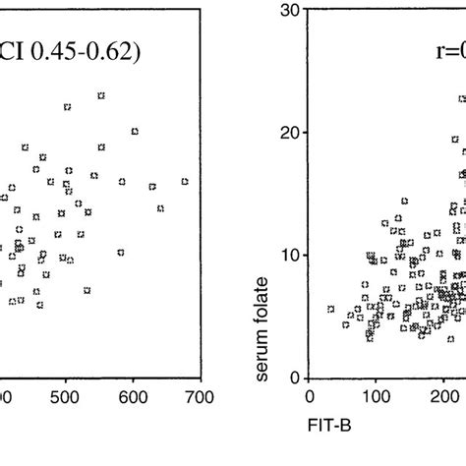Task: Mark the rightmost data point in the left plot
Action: coord(185,181)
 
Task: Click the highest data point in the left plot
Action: coord(101,95)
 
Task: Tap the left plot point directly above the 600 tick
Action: coord(135,131)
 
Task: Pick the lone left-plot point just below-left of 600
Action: coord(121,253)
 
